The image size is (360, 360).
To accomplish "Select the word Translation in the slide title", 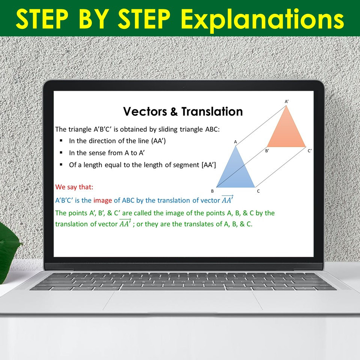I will tap(212, 111).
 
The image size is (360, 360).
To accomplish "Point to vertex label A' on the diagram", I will tap(286, 101).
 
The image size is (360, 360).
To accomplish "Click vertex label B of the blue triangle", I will tap(212, 191).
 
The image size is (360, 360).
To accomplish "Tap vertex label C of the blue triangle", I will tap(258, 191).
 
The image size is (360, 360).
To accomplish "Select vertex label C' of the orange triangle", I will tap(310, 151).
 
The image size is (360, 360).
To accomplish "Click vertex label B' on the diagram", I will tap(267, 151).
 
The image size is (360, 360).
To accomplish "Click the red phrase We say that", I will tap(74, 187).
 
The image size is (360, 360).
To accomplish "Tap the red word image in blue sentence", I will tap(103, 200).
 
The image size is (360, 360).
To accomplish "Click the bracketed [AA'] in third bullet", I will tap(208, 165).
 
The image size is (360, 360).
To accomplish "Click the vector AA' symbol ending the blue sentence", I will tap(227, 199).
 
